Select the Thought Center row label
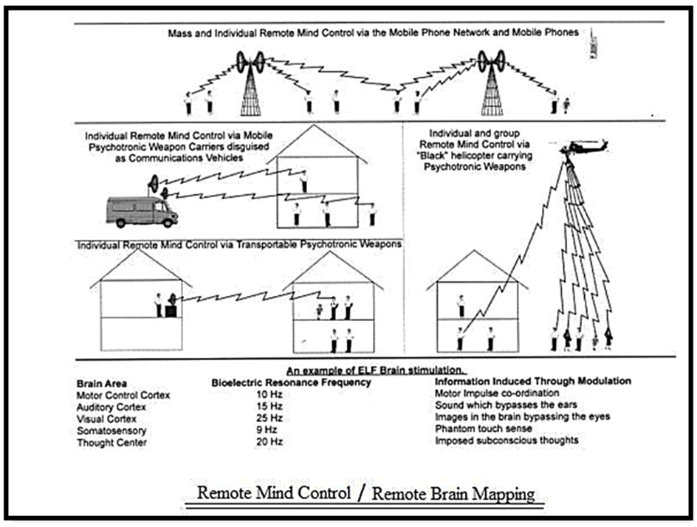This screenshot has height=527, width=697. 112,441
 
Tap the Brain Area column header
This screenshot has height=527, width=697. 101,383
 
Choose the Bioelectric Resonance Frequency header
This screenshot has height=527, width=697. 291,382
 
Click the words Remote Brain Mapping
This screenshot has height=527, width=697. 453,494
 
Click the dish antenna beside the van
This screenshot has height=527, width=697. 154,182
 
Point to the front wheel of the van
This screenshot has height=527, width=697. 168,221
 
